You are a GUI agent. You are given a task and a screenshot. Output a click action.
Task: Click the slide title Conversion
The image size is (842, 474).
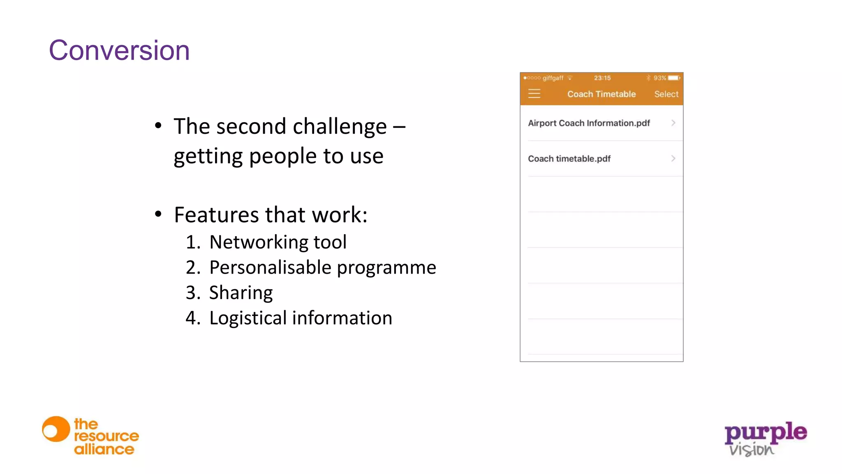pos(119,51)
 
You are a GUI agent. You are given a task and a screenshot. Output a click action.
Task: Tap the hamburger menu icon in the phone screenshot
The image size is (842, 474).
pos(534,94)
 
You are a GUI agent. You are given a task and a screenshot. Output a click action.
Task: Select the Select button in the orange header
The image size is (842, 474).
pos(666,94)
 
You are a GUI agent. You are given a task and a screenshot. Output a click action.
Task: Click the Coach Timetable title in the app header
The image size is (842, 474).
pos(601,94)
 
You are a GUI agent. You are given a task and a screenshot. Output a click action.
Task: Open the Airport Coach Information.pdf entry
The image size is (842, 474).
pos(589,123)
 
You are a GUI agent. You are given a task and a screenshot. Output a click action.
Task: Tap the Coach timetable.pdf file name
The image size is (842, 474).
pos(569,159)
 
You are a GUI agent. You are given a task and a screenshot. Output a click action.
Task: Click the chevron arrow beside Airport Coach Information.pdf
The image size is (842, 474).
pos(673,123)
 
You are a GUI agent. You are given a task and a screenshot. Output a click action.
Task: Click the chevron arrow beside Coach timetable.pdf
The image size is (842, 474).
pos(673,158)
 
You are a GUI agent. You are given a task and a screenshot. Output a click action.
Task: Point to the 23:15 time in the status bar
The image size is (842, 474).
pos(602,78)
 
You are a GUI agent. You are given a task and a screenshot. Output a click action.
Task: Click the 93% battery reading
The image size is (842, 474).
pos(659,78)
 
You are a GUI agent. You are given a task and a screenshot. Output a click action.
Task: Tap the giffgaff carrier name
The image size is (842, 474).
pos(553,78)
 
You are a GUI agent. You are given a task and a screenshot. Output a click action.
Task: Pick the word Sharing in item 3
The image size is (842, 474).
pos(241,293)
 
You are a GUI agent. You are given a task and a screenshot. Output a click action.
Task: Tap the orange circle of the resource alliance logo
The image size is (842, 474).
pos(56,429)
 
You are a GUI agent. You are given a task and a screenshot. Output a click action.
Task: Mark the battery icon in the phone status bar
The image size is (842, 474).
pos(674,78)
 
